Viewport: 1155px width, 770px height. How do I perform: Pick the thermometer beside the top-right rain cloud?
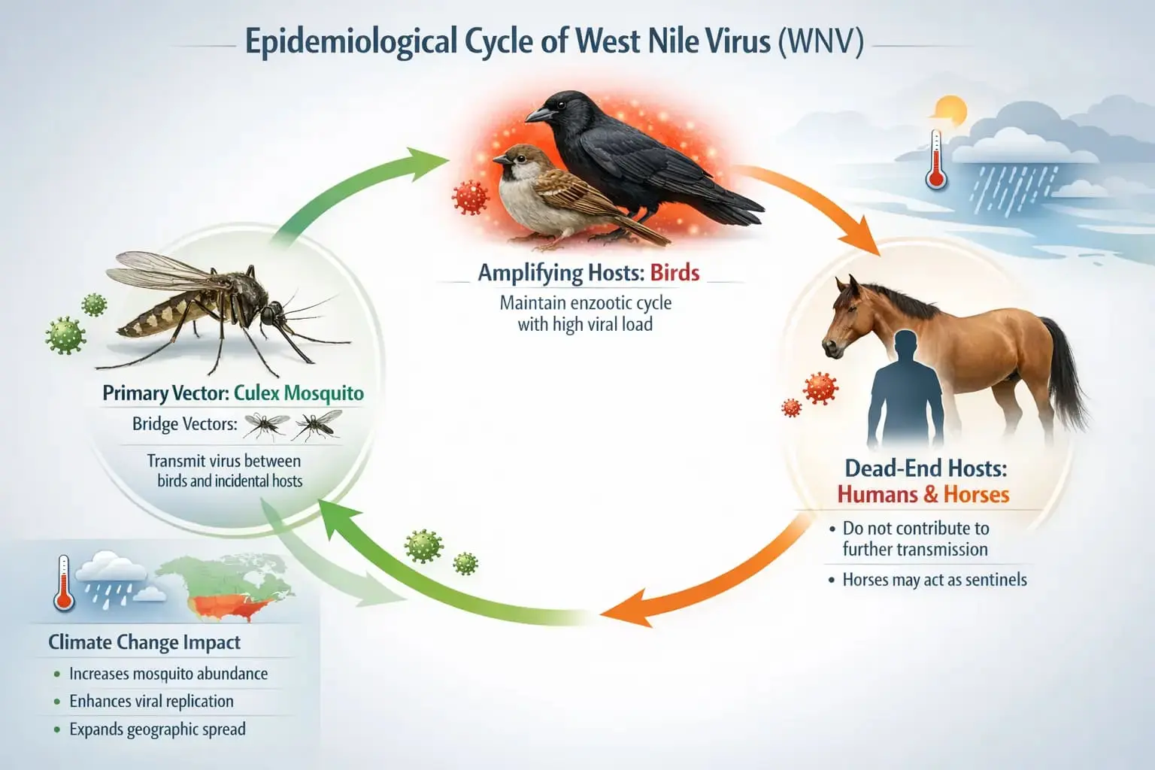coord(935,159)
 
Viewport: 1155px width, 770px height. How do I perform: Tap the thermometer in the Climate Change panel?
coord(64,582)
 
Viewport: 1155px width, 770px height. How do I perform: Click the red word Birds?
coord(675,272)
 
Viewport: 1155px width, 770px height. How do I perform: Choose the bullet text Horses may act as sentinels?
coord(934,580)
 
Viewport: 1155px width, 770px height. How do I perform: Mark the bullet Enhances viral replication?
coord(151,702)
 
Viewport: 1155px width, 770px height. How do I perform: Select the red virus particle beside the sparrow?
coord(471,197)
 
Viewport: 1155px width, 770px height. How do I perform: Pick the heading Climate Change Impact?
coord(144,642)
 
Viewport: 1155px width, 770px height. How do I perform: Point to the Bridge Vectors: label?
coord(184,424)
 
